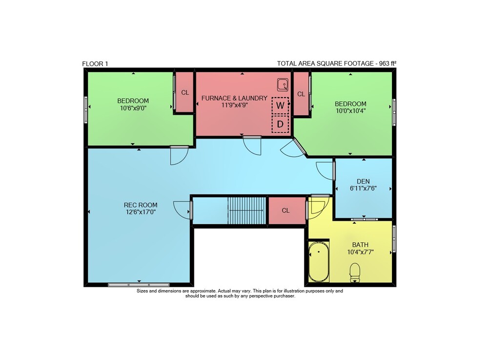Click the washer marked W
[280, 106]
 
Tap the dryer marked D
[280, 124]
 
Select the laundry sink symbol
[283, 85]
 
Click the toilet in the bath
[355, 273]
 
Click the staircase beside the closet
[247, 211]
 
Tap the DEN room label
[363, 181]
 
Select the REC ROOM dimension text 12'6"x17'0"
[141, 212]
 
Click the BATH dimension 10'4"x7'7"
[361, 252]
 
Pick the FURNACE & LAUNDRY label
[234, 98]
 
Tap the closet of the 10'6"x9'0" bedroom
[185, 92]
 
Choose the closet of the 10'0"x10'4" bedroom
[301, 94]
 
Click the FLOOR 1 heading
[95, 64]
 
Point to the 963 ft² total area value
[387, 64]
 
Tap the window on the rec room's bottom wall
[139, 285]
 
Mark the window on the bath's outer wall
[394, 238]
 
